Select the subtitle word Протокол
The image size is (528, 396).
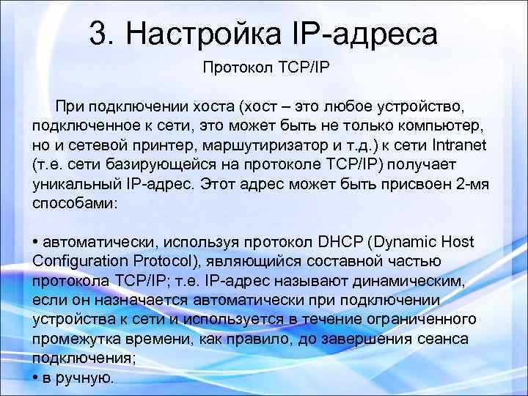pyautogui.click(x=235, y=67)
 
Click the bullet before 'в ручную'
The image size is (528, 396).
pyautogui.click(x=36, y=377)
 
